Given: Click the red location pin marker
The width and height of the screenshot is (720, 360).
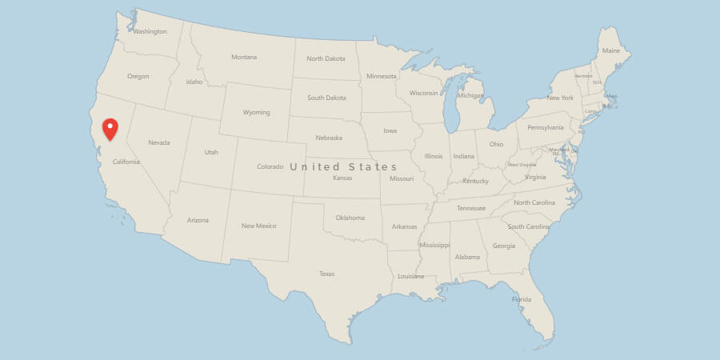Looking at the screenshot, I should pyautogui.click(x=110, y=129).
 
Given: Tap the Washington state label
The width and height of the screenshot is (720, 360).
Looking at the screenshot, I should pyautogui.click(x=150, y=32).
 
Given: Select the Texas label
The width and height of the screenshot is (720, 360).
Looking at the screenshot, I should pyautogui.click(x=326, y=274).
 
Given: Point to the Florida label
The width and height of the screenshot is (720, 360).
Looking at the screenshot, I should pyautogui.click(x=521, y=300).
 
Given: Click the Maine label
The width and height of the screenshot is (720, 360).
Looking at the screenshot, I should pyautogui.click(x=611, y=50).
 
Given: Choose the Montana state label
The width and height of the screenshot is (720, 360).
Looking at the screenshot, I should pyautogui.click(x=244, y=57).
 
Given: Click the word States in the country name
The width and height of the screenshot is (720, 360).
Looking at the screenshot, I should pyautogui.click(x=374, y=166).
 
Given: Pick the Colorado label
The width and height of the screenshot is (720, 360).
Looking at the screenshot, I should pyautogui.click(x=270, y=166).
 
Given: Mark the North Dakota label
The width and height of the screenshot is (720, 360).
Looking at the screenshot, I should pyautogui.click(x=326, y=58).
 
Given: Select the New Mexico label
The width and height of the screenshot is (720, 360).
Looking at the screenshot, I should pyautogui.click(x=258, y=226).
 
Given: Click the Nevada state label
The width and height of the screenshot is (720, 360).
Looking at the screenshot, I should pyautogui.click(x=159, y=142).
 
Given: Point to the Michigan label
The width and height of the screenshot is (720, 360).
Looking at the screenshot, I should pyautogui.click(x=470, y=95).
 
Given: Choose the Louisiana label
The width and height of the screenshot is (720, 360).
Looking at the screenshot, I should pyautogui.click(x=410, y=276).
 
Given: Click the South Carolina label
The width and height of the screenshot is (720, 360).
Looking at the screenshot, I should pyautogui.click(x=528, y=226).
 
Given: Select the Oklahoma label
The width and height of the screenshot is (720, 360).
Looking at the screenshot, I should pyautogui.click(x=350, y=218).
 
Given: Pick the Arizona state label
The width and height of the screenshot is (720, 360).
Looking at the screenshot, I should pyautogui.click(x=198, y=220).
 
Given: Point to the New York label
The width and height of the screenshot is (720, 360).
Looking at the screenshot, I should pyautogui.click(x=560, y=98).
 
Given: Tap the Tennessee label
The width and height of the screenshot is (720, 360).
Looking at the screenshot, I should pyautogui.click(x=470, y=208).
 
